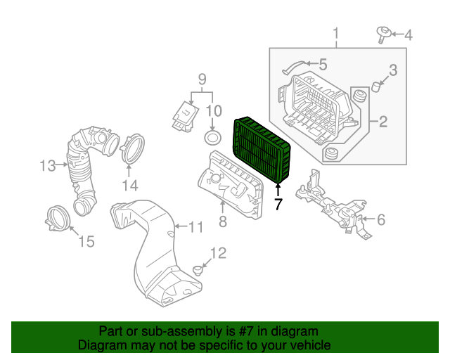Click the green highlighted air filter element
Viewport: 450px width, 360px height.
point(261,149)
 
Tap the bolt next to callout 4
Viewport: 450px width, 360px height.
point(382,35)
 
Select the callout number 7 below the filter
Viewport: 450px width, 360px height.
point(278,204)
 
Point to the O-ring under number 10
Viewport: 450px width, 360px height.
point(212,138)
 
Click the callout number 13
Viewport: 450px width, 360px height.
point(48,166)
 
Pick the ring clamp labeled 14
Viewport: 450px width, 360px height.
point(133,148)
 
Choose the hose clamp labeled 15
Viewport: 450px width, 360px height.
point(58,218)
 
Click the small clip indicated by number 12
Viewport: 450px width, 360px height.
point(198,271)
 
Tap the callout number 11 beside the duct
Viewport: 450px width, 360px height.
point(195,227)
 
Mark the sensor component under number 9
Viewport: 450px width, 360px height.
point(186,116)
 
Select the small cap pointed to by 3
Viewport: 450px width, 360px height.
point(376,86)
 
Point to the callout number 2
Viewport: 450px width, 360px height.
point(383,122)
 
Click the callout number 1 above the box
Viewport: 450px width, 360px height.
point(335,34)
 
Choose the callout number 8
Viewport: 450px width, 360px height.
point(223,221)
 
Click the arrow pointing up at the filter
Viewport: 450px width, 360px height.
point(278,190)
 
